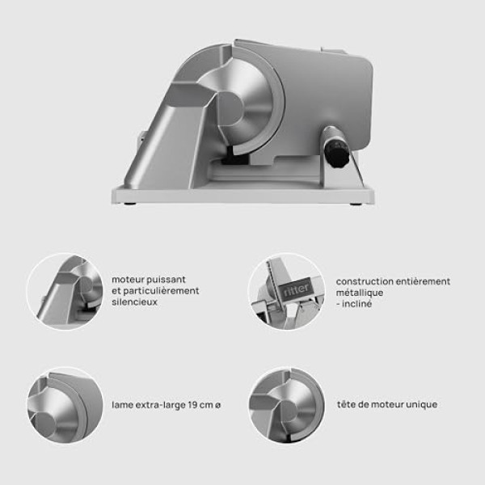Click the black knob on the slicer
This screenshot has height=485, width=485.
coord(336,153)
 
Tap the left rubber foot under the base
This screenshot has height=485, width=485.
coord(129,204)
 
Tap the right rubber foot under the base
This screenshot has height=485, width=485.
coord(356,204)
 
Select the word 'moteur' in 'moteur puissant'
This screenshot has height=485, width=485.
coord(128,280)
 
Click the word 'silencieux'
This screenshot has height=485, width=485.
coord(134,302)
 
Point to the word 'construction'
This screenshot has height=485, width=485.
coord(365,281)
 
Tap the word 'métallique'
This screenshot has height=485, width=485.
coord(360,293)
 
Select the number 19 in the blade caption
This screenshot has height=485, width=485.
coord(192,405)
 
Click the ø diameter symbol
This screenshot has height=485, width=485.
coord(217,405)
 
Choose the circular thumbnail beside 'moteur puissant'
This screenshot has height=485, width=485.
coord(65,292)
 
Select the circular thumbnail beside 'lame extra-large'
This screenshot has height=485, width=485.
coord(65,405)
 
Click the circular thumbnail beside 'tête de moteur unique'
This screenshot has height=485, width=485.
coord(286,405)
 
